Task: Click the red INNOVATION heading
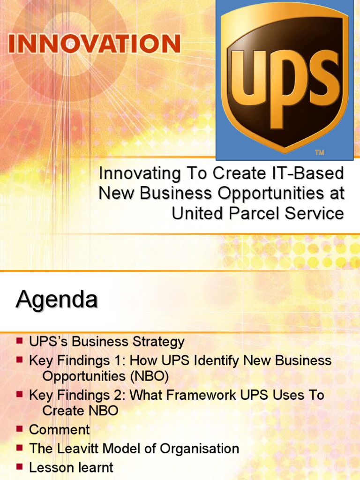94,44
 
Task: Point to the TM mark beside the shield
319,152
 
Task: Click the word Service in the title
315,213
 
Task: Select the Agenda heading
57,300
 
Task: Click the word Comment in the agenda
60,429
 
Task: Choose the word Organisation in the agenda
199,449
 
